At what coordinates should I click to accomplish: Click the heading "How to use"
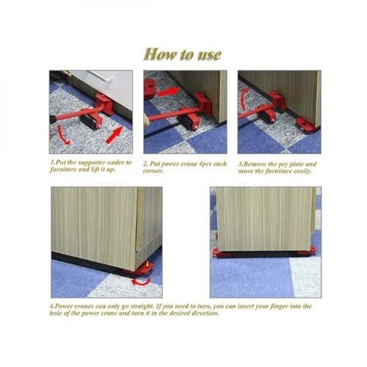pos(183,54)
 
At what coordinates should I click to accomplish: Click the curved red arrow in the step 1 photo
pos(62,137)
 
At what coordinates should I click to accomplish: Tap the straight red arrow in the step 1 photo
pos(114,135)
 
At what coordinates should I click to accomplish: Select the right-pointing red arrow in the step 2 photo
pos(168,92)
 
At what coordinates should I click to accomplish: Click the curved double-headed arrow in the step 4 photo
pos(141,283)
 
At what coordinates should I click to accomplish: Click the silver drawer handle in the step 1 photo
pos(101,76)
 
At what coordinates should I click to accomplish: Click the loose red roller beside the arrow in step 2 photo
pos(149,89)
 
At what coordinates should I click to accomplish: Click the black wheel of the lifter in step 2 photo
pos(186,122)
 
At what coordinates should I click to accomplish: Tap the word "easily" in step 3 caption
pos(302,171)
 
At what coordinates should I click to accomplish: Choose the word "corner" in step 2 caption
pos(153,171)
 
